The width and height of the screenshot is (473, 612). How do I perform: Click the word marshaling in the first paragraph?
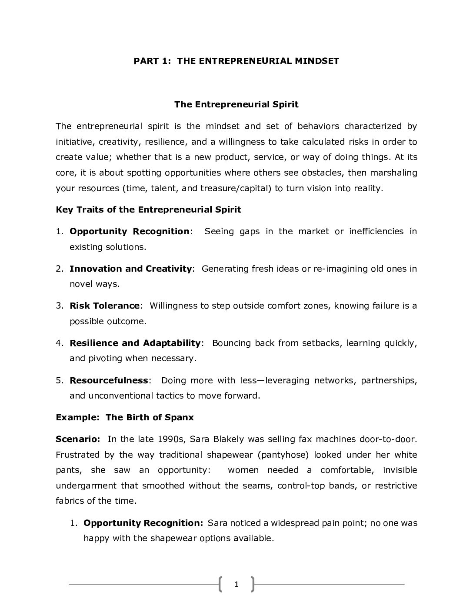pos(393,173)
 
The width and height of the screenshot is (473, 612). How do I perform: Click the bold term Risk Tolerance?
pos(105,306)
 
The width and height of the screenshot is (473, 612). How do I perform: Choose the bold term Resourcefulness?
pos(109,380)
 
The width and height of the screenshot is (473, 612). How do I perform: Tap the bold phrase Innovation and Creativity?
pos(130,269)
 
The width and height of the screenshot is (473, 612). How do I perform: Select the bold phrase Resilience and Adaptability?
pos(135,343)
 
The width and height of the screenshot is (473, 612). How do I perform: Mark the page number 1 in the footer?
pos(236,584)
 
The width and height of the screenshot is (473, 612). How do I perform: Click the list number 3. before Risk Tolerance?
pos(60,306)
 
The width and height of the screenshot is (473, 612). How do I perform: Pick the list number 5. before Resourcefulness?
pos(60,380)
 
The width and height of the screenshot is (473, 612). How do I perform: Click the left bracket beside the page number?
pos(221,584)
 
